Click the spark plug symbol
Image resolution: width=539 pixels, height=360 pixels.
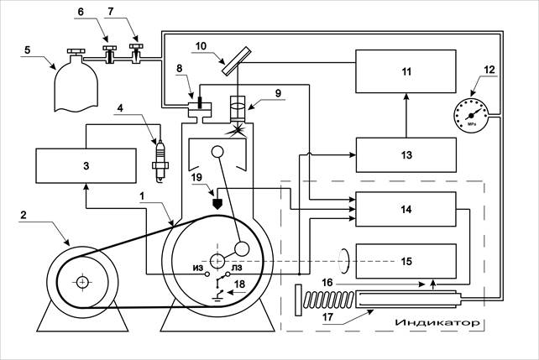click(x=160, y=161)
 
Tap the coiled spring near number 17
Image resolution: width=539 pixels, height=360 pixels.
click(x=328, y=300)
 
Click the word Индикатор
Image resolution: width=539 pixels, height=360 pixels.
click(x=437, y=322)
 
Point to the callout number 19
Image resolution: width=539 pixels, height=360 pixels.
click(x=196, y=177)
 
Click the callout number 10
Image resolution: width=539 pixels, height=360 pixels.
click(x=201, y=45)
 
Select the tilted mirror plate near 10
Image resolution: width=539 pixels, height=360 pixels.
click(x=236, y=62)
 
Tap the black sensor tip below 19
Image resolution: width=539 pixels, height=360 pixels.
click(x=217, y=204)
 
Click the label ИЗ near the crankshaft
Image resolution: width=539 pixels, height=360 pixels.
click(x=198, y=268)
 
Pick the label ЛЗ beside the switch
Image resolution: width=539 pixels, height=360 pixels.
click(x=237, y=268)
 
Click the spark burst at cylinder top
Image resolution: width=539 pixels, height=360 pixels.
click(x=238, y=131)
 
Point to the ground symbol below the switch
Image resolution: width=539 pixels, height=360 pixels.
click(x=217, y=297)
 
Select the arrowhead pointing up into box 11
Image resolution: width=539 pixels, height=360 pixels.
click(x=406, y=97)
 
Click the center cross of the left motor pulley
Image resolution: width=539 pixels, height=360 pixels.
click(x=82, y=282)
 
